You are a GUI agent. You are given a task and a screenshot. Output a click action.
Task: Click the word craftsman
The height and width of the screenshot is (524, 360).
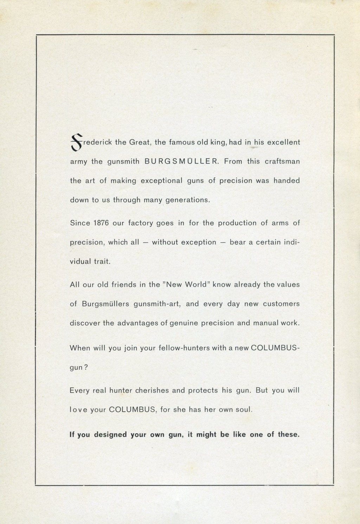coord(282,162)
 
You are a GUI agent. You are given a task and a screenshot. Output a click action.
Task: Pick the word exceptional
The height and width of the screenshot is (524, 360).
coord(161,181)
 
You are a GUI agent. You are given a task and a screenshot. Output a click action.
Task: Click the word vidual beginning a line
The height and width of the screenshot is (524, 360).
coord(81,262)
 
